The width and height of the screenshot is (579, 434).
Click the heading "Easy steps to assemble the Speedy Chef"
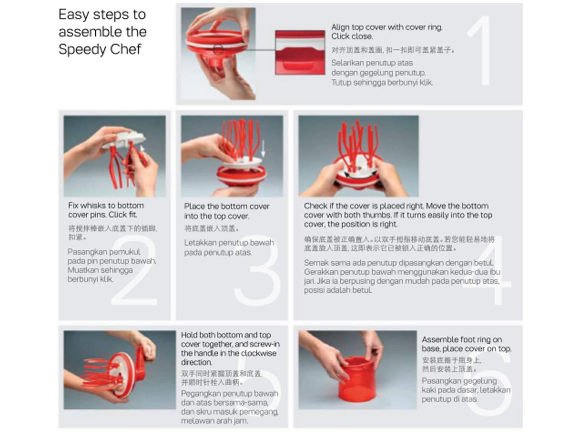coord(102,32)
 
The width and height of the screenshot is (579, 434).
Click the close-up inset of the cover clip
coord(300,52)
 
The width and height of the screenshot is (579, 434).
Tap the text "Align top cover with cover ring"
coord(386,27)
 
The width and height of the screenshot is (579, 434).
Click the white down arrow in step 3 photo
coord(263,148)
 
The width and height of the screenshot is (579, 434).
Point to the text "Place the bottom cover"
coord(227,206)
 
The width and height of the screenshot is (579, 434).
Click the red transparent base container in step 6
coord(357,381)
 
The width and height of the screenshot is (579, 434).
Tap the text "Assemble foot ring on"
coord(461,339)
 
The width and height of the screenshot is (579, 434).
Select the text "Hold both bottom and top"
coord(226,335)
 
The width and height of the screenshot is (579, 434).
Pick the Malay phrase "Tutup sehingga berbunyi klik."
coord(382,83)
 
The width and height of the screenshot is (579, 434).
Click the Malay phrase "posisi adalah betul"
coord(338,290)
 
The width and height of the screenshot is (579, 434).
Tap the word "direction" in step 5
coord(196,362)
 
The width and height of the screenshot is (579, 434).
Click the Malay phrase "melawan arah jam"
coord(214,421)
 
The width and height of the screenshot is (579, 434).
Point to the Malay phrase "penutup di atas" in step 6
coord(449,399)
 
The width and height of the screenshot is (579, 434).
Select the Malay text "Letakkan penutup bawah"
coord(229,243)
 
